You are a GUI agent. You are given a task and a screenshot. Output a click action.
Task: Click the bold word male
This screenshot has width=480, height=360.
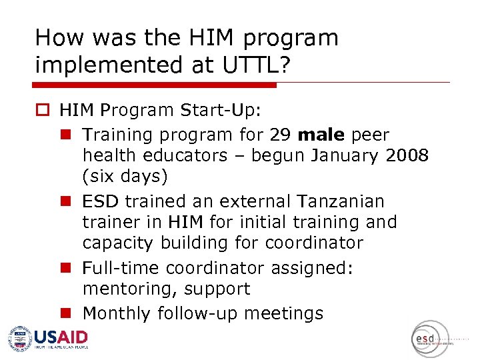tap(321, 135)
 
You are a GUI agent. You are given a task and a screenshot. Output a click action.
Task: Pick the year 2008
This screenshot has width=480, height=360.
tap(408, 156)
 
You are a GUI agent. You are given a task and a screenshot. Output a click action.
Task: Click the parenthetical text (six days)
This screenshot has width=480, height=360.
tap(125, 177)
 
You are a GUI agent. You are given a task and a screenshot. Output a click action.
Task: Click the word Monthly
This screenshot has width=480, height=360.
tap(115, 313)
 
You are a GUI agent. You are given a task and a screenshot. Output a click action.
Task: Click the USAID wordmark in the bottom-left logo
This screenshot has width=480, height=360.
tap(61, 337)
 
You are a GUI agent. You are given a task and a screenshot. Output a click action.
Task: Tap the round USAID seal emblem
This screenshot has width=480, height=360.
tap(20, 338)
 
